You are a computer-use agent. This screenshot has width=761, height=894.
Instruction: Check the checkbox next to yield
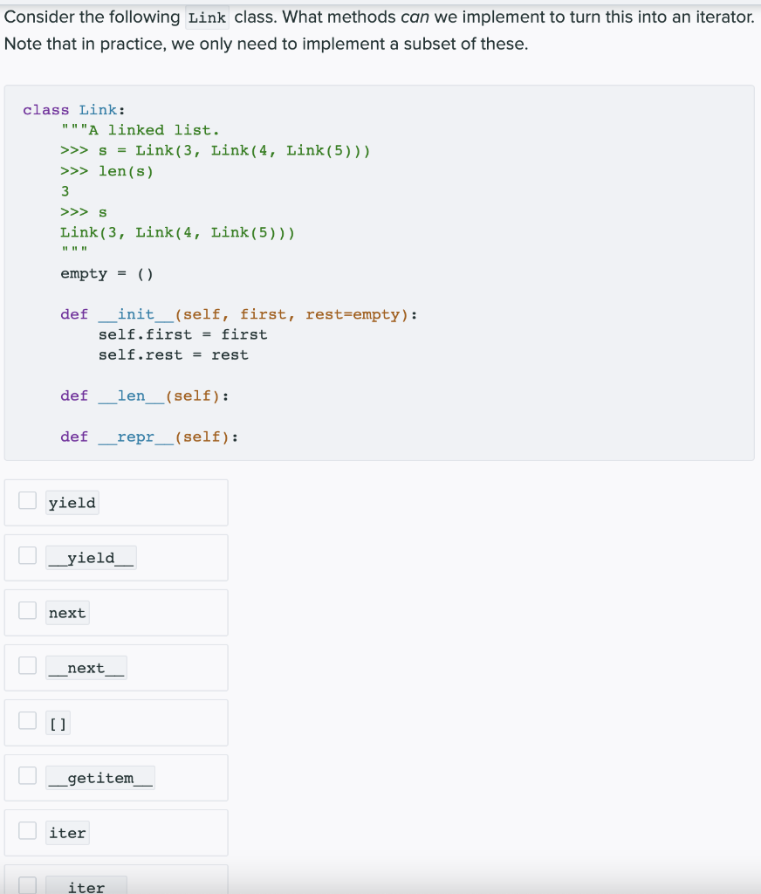pos(28,501)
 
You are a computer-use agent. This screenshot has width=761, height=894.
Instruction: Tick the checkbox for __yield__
pos(28,556)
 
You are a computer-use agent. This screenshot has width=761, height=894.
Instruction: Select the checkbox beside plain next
pos(28,611)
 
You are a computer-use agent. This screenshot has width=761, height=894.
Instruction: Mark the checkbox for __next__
pos(28,666)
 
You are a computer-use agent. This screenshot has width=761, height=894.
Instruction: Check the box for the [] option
pos(28,721)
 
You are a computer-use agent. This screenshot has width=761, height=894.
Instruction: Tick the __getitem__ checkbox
pos(28,776)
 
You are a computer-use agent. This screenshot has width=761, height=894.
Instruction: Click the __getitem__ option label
pos(100,778)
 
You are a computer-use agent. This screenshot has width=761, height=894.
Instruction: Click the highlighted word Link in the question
pos(207,17)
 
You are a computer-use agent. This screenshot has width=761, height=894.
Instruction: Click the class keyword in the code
pos(46,110)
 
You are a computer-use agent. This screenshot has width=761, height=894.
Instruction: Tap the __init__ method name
pos(135,314)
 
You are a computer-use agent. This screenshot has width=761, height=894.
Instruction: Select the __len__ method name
pos(131,396)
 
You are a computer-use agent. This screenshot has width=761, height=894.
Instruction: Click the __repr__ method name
pos(135,437)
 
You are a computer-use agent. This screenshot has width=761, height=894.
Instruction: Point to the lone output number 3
pos(65,191)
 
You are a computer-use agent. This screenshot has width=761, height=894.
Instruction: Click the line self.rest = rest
pos(173,355)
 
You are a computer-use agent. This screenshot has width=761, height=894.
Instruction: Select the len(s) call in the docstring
pos(126,171)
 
